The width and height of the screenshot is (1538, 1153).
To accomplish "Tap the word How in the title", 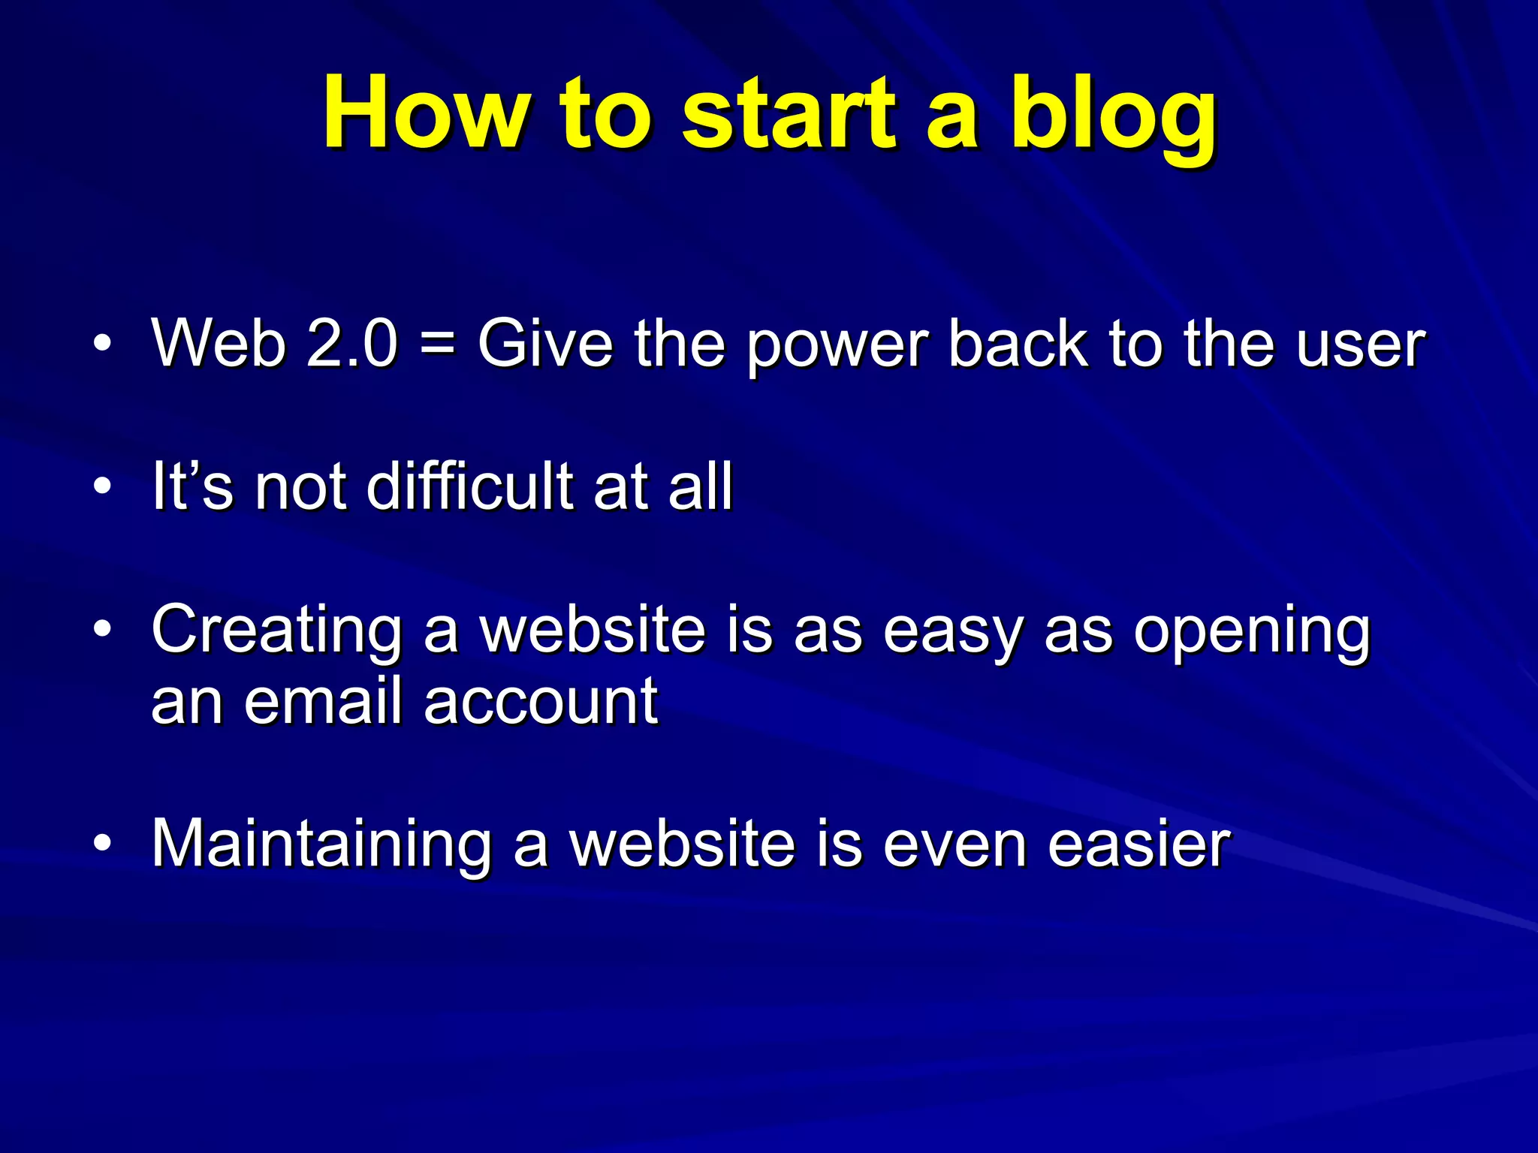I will click(x=425, y=114).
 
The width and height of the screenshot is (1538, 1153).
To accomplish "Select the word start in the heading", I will click(x=789, y=114).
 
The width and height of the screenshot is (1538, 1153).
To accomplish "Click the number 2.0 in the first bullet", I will click(x=351, y=344).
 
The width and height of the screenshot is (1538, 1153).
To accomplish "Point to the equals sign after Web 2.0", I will click(x=437, y=344).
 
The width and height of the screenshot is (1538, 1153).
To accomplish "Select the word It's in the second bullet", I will click(x=192, y=486).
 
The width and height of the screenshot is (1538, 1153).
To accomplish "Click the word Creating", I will click(x=276, y=631).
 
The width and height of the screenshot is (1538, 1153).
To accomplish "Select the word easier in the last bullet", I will click(x=1138, y=844).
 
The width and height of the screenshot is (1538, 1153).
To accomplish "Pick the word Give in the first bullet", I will click(x=545, y=344).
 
